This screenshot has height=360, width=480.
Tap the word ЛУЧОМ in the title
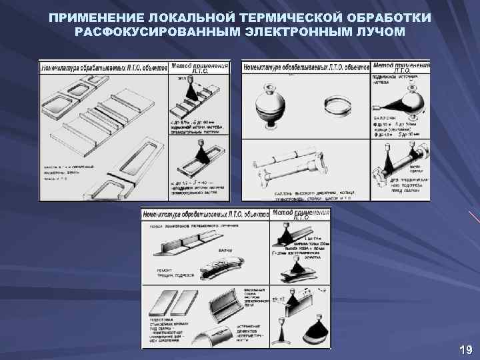375,32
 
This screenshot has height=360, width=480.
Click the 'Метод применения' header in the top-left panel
201,67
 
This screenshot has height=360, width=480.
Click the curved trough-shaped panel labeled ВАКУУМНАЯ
233,304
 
